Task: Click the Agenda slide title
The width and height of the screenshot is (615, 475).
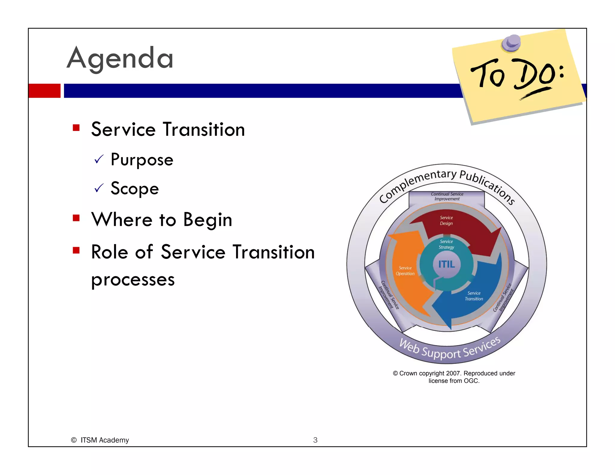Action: pyautogui.click(x=120, y=58)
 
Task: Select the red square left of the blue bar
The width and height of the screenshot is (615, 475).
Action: pyautogui.click(x=44, y=91)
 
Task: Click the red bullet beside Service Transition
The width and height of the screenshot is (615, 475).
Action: pyautogui.click(x=76, y=128)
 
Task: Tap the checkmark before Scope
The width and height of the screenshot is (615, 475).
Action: pyautogui.click(x=99, y=188)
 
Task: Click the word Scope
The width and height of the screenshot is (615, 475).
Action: pyautogui.click(x=135, y=189)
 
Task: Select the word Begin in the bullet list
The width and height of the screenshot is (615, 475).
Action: pyautogui.click(x=208, y=220)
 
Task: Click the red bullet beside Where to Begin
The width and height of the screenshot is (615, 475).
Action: pyautogui.click(x=76, y=218)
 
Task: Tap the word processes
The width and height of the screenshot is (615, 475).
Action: pyautogui.click(x=133, y=280)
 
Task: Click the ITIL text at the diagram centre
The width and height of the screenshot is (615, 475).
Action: pyautogui.click(x=446, y=264)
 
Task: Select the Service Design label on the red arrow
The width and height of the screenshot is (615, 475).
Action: pyautogui.click(x=446, y=220)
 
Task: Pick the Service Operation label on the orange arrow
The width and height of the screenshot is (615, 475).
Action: pyautogui.click(x=405, y=271)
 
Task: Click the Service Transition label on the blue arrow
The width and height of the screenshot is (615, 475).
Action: pyautogui.click(x=474, y=296)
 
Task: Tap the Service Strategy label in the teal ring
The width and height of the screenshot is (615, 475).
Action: pyautogui.click(x=446, y=244)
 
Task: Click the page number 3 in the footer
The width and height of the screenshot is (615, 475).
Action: pyautogui.click(x=315, y=440)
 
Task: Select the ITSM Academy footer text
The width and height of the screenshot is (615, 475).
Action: pyautogui.click(x=104, y=440)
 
